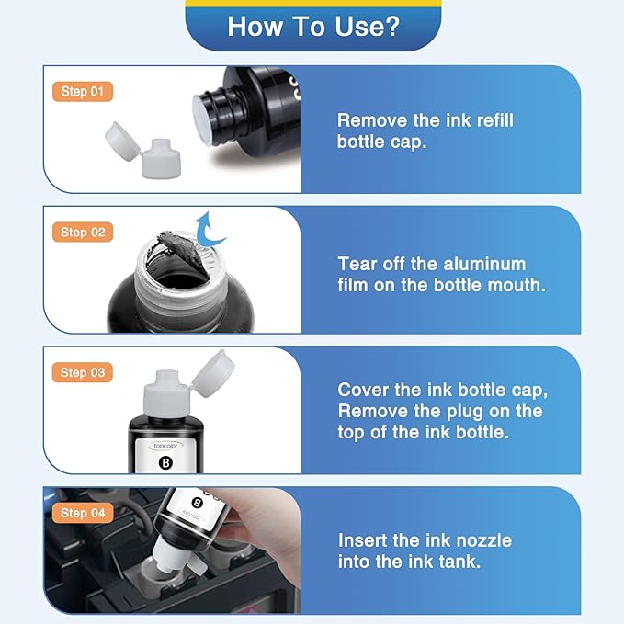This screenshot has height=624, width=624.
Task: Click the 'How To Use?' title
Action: pyautogui.click(x=312, y=26)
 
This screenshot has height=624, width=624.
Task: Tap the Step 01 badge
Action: pyautogui.click(x=86, y=91)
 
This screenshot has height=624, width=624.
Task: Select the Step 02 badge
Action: pyautogui.click(x=86, y=232)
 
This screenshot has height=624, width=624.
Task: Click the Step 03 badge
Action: pyautogui.click(x=86, y=372)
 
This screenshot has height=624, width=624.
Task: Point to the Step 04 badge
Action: pyautogui.click(x=86, y=513)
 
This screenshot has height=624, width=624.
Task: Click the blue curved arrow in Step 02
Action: pyautogui.click(x=213, y=227)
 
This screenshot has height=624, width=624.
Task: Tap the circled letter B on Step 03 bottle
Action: pyautogui.click(x=165, y=461)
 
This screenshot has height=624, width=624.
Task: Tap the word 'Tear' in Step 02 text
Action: pyautogui.click(x=358, y=263)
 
